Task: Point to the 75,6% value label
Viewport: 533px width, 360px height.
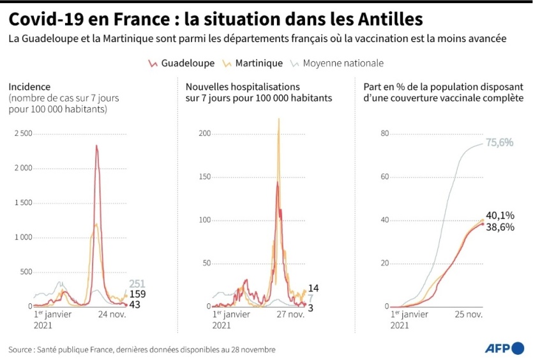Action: click(x=500, y=142)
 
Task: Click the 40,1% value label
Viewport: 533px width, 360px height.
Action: click(x=500, y=215)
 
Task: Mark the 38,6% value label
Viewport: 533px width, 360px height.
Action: click(x=500, y=227)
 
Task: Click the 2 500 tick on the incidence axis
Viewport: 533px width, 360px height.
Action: click(x=24, y=133)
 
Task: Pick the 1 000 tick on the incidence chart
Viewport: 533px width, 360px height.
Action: click(x=24, y=237)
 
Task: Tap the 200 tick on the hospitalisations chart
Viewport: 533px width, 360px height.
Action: click(x=204, y=133)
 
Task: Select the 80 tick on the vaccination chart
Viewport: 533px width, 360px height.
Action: click(x=385, y=133)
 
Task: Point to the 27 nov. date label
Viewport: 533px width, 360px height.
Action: click(x=291, y=314)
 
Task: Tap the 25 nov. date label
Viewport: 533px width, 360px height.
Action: click(x=469, y=314)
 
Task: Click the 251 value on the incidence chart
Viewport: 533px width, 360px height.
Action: click(x=137, y=284)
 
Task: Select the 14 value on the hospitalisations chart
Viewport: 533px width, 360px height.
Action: click(x=313, y=289)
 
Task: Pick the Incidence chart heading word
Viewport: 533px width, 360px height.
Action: click(x=29, y=86)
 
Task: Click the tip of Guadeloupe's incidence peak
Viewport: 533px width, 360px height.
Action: click(x=96, y=146)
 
